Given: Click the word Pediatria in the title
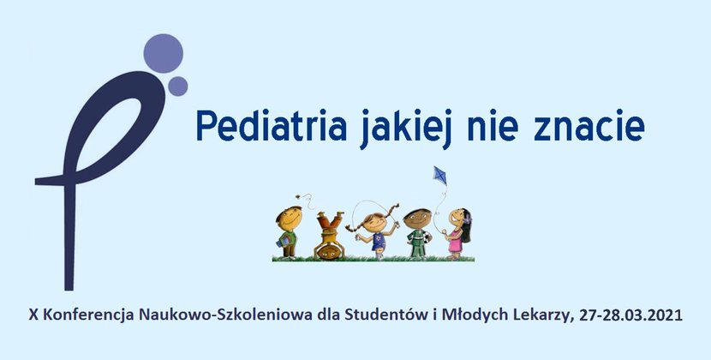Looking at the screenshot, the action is [272, 125].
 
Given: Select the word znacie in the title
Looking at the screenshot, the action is [589, 127].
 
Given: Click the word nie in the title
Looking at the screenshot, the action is [493, 127].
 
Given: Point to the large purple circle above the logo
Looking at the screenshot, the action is [164, 53].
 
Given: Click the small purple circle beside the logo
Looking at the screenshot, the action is [178, 87].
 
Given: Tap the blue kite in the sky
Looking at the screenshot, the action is [439, 175].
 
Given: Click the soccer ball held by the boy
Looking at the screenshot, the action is [427, 237].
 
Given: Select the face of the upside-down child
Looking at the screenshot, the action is [329, 250].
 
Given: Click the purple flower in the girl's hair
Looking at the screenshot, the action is [467, 219].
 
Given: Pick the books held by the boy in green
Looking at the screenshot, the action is [284, 240].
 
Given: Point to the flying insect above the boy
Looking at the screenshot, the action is [297, 196].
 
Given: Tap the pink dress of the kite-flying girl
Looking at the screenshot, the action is [455, 243].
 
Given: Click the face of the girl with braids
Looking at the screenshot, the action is [374, 223].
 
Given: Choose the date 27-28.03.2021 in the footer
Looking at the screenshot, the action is [630, 315].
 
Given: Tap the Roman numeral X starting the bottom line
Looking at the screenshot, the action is [33, 315].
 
